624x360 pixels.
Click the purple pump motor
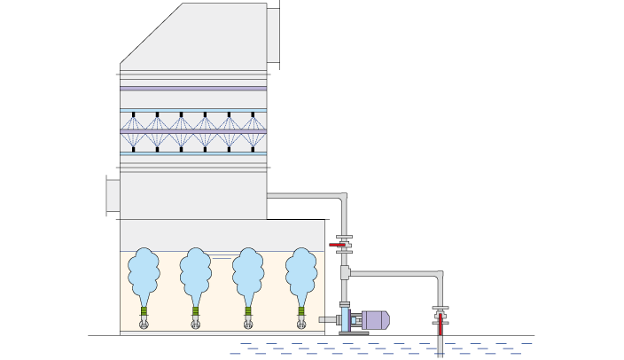(x=374, y=319)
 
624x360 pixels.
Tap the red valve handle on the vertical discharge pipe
(x=337, y=245)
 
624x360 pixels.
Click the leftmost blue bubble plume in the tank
(x=144, y=273)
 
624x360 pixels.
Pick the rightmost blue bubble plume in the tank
(x=301, y=273)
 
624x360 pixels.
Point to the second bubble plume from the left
(x=196, y=273)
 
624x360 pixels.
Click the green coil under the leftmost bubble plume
(x=144, y=311)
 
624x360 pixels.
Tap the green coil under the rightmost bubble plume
(x=301, y=311)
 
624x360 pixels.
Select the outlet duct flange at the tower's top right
(x=273, y=35)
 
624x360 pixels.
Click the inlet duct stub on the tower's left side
(x=113, y=195)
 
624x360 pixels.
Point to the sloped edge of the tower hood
(x=151, y=34)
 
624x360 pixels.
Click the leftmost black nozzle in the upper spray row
(x=134, y=114)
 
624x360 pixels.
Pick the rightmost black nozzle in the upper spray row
(x=253, y=114)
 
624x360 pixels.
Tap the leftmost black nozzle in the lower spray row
(x=134, y=148)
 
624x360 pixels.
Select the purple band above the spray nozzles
(x=193, y=89)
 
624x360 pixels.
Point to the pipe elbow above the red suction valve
(x=437, y=277)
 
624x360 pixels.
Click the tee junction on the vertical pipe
(x=345, y=273)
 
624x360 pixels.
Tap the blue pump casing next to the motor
(x=346, y=319)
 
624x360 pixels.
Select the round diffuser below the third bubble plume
(x=248, y=325)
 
